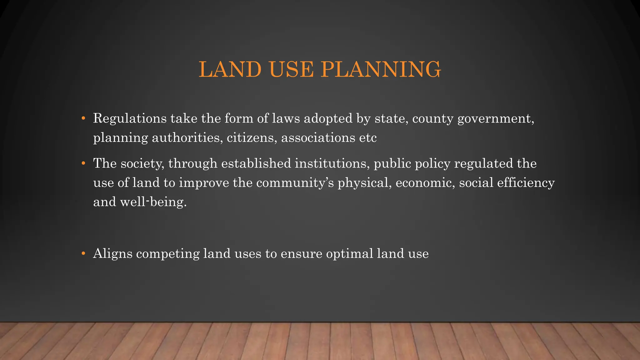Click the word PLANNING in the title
pyautogui.click(x=381, y=69)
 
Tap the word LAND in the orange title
pyautogui.click(x=230, y=69)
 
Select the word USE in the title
pyautogui.click(x=291, y=69)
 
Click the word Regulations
pyautogui.click(x=130, y=119)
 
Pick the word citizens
pyautogui.click(x=252, y=137)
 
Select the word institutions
pyautogui.click(x=332, y=163)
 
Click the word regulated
pyautogui.click(x=483, y=163)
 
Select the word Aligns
pyautogui.click(x=113, y=254)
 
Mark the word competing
pyautogui.click(x=168, y=254)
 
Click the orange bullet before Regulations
pyautogui.click(x=83, y=119)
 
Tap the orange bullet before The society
pyautogui.click(x=83, y=163)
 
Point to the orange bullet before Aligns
pyautogui.click(x=83, y=253)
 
